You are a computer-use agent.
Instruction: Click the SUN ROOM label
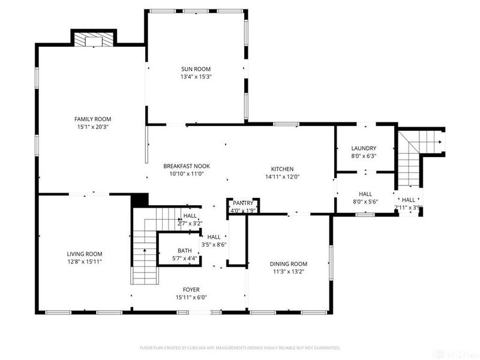(x=196, y=69)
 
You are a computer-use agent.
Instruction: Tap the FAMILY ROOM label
(x=92, y=119)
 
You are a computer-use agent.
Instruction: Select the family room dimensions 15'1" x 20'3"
(x=92, y=127)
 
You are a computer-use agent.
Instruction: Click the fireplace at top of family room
(x=93, y=40)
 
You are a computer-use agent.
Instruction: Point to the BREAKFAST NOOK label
(x=187, y=166)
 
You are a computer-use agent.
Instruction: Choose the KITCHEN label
(x=281, y=169)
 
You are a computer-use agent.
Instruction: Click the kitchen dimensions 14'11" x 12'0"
(x=281, y=177)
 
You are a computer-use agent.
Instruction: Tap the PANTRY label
(x=243, y=203)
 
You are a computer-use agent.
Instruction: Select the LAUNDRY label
(x=364, y=148)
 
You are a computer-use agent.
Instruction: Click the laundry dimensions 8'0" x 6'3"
(x=364, y=156)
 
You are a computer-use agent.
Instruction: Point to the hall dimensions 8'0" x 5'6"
(x=365, y=202)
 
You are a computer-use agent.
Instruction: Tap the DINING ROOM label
(x=288, y=263)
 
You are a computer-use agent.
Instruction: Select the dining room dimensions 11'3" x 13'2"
(x=288, y=271)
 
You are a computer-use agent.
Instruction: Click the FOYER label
(x=191, y=289)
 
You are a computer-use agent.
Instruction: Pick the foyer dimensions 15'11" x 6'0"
(x=191, y=297)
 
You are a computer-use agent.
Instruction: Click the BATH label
(x=184, y=251)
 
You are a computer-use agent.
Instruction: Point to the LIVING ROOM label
(x=84, y=254)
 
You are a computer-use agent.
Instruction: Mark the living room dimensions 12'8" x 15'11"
(x=84, y=262)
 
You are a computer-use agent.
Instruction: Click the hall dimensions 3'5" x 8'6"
(x=214, y=244)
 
